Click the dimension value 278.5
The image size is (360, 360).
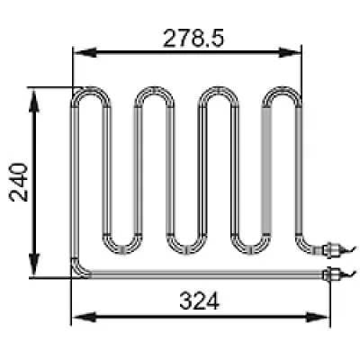pos(193,39)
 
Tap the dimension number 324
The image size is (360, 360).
pos(200,301)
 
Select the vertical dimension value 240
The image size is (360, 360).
pos(19,182)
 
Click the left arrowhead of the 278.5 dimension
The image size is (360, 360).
pos(85,53)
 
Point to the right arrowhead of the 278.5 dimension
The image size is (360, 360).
pos(290,53)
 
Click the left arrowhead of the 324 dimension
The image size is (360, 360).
pos(85,317)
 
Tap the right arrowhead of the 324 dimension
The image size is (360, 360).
pos(318,317)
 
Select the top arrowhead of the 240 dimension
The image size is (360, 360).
pos(34,101)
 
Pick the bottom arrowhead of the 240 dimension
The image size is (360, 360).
pos(34,265)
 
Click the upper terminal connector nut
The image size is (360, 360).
pos(331,249)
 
